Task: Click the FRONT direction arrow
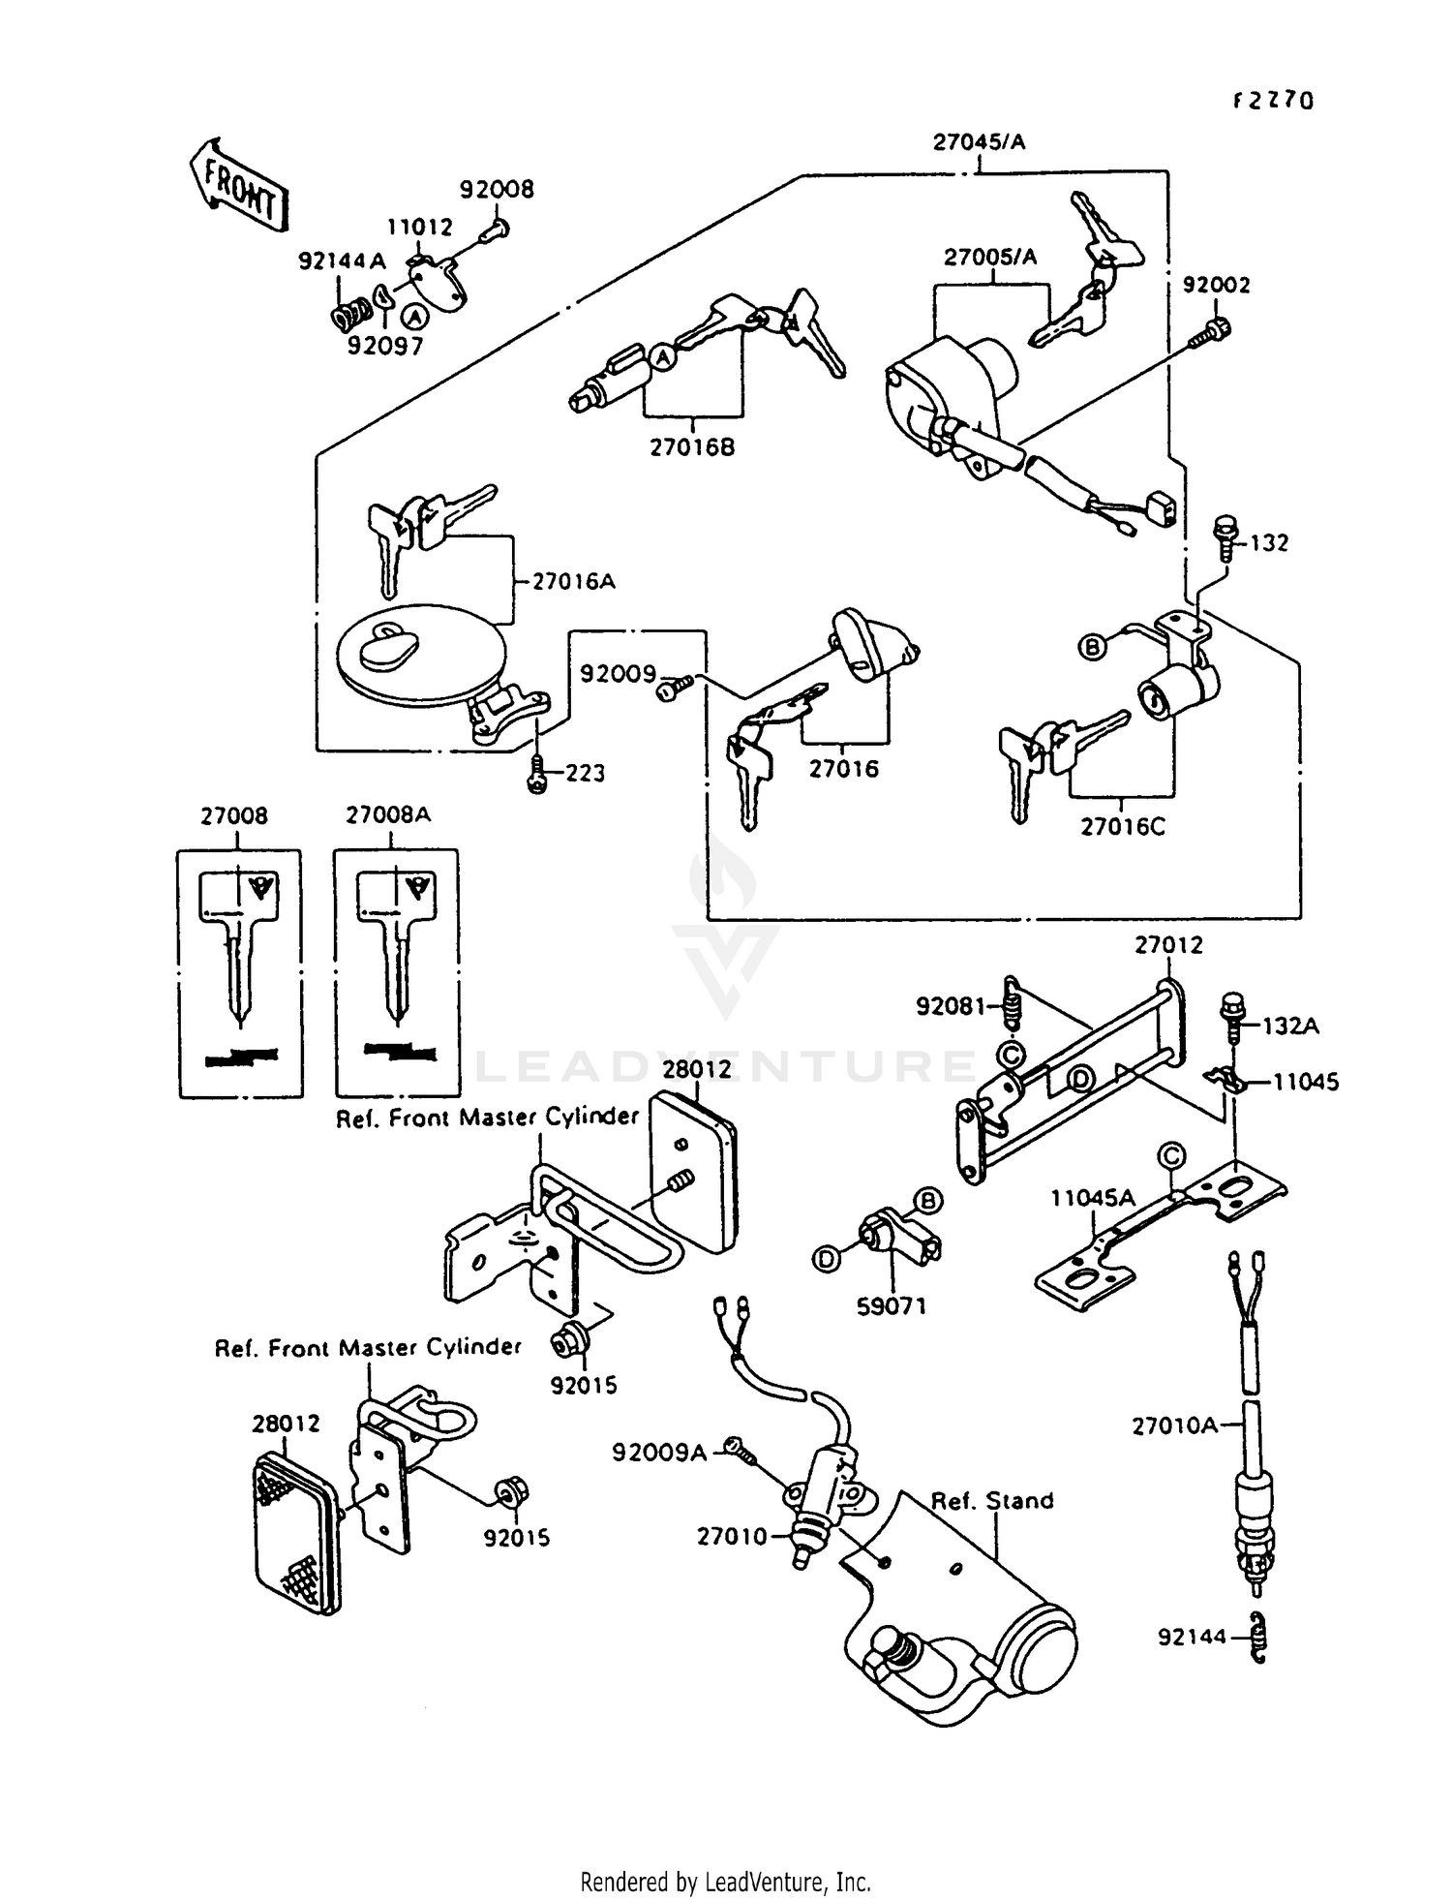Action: coord(238,185)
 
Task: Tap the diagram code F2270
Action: coord(1273,101)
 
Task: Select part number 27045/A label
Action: coord(979,142)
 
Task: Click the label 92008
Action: coord(497,189)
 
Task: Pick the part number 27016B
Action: coord(692,448)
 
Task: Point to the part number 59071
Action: coord(892,1306)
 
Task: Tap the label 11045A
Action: coord(1093,1199)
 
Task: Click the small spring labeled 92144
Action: coord(1257,1638)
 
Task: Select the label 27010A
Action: coord(1174,1425)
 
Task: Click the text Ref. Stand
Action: coord(991,1501)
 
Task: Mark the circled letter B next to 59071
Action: coord(928,1202)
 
